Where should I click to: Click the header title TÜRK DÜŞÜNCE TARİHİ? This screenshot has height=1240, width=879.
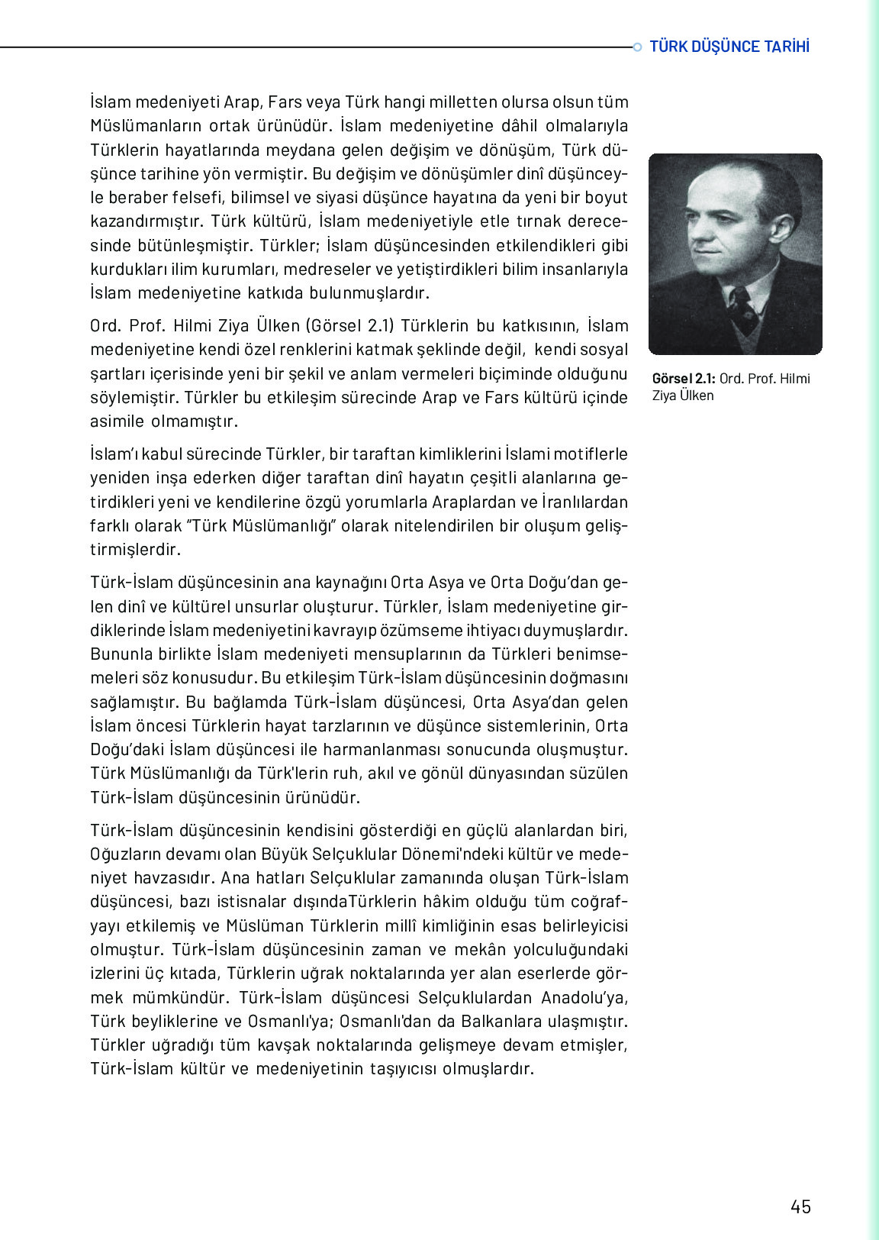729,47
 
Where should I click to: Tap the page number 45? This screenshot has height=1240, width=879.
800,1206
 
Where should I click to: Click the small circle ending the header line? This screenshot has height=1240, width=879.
637,47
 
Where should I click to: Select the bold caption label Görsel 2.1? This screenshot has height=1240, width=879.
684,379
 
